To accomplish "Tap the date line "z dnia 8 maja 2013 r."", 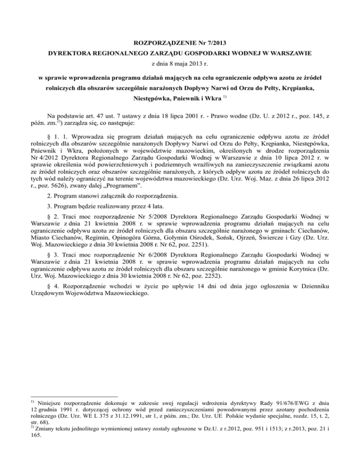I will tap(180, 64).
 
